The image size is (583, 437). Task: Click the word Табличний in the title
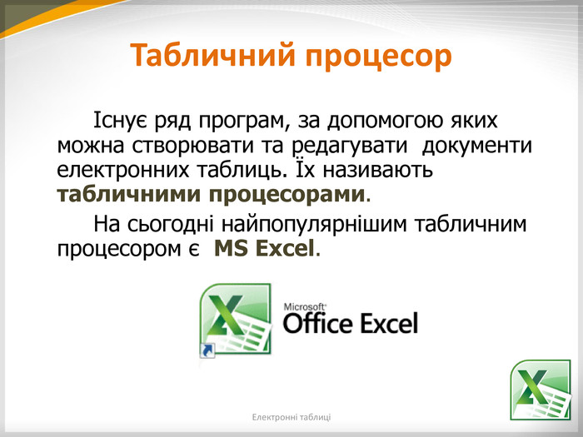(213, 55)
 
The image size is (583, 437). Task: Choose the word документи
(477, 146)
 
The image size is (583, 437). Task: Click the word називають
(377, 171)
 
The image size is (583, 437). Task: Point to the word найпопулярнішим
(314, 225)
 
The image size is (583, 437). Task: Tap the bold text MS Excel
(264, 248)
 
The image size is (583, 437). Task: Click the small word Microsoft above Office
(305, 307)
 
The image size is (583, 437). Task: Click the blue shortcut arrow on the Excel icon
(207, 350)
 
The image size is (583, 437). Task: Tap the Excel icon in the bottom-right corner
(541, 390)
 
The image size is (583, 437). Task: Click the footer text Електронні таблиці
(291, 417)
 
